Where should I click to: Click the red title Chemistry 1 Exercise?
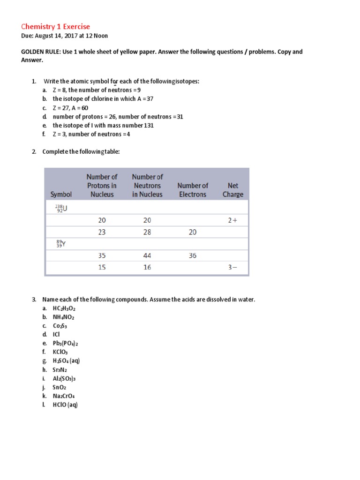[x=56, y=26]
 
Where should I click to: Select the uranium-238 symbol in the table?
[x=61, y=208]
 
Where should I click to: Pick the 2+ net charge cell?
[x=232, y=220]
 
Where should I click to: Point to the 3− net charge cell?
[x=232, y=267]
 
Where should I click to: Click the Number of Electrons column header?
[x=192, y=190]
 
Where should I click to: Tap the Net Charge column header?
[x=233, y=190]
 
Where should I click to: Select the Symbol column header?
[x=61, y=194]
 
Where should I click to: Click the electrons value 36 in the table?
[x=193, y=255]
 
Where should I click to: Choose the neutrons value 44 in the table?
[x=147, y=255]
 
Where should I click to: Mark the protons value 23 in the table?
[x=102, y=232]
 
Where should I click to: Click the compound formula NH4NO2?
[x=64, y=317]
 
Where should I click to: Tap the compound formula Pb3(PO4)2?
[x=65, y=343]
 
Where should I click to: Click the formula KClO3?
[x=60, y=352]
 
